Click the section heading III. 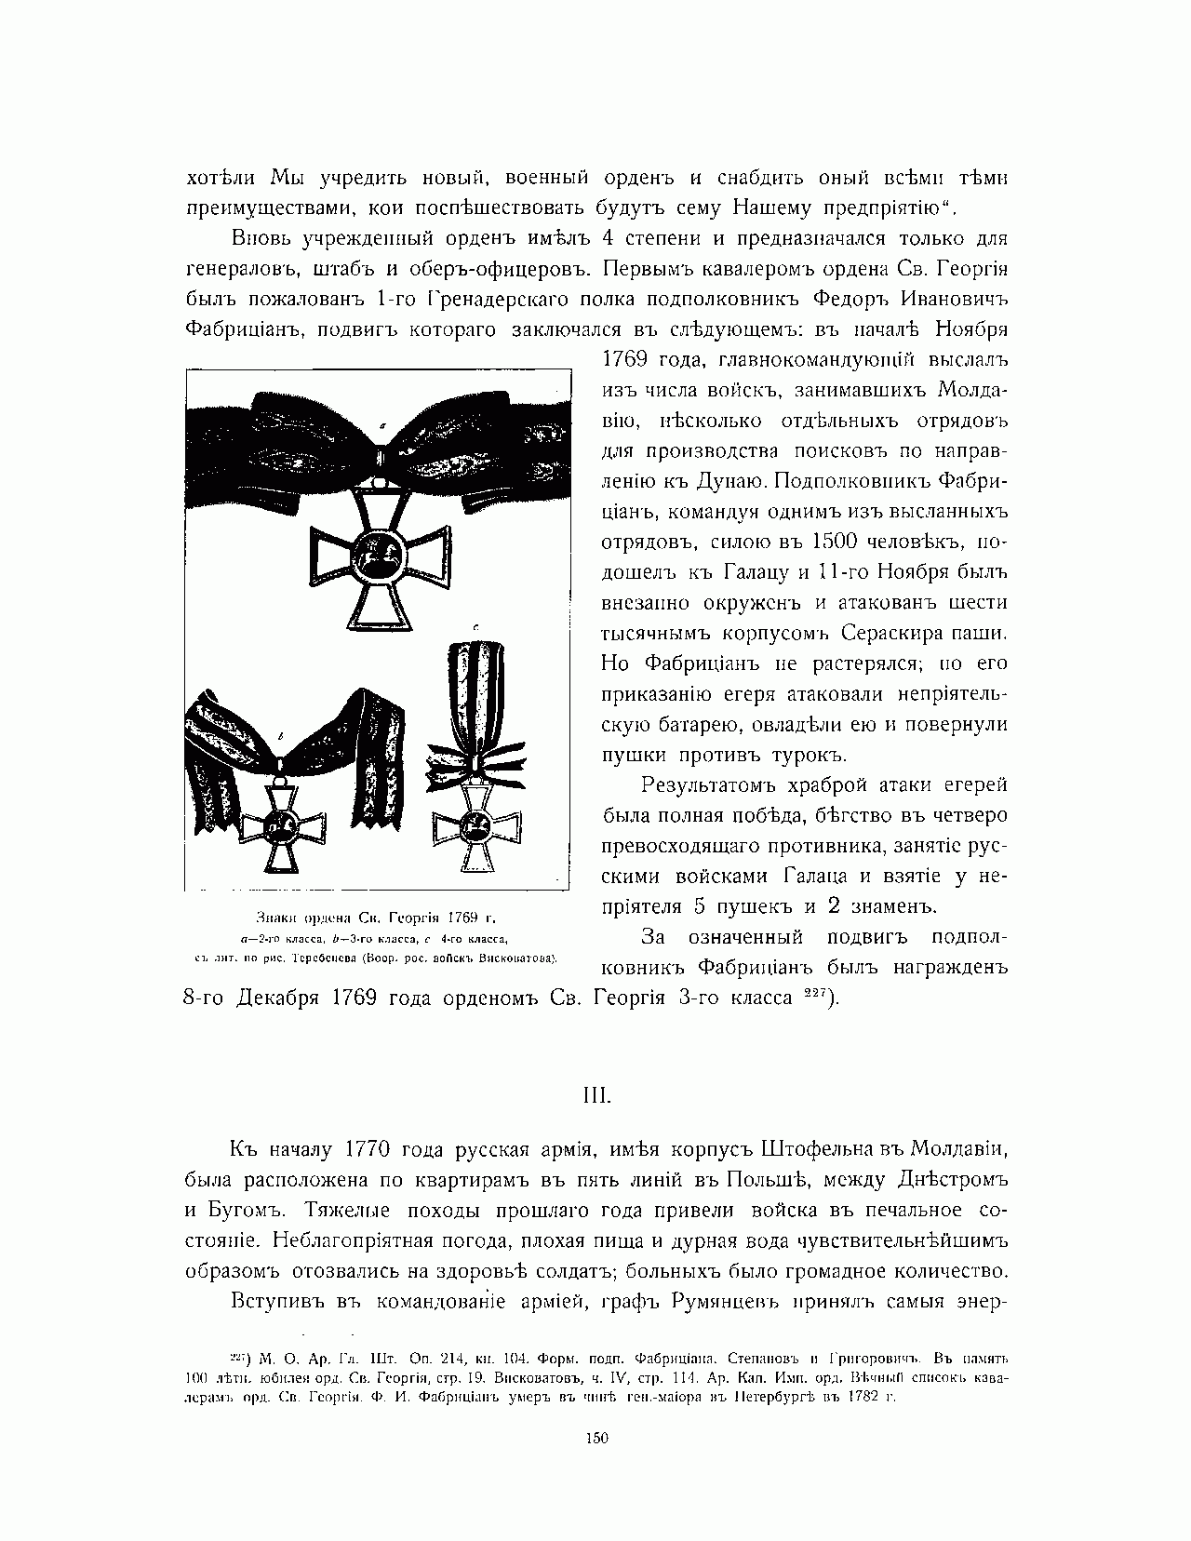pos(595,1094)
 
